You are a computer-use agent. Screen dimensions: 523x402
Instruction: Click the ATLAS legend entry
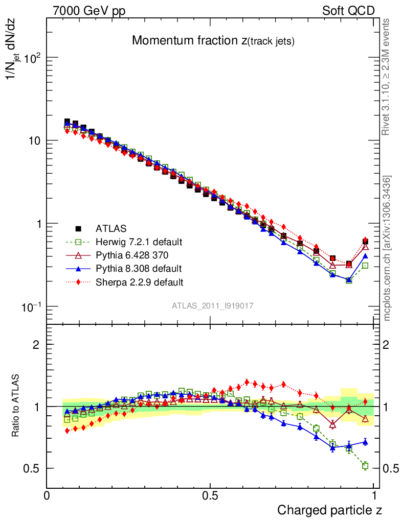pos(110,228)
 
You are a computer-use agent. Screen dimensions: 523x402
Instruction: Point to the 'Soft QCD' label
pos(348,11)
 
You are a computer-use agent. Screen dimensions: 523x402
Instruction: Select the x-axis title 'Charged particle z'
pos(330,510)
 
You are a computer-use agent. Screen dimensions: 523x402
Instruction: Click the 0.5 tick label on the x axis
pos(210,495)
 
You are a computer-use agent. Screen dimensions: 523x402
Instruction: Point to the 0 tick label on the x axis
pos(47,495)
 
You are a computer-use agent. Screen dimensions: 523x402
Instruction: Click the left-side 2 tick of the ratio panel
pos(36,345)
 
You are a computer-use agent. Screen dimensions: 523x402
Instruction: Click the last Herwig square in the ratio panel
pos(365,465)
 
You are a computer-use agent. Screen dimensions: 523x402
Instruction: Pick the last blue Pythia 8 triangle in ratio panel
pos(365,442)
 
